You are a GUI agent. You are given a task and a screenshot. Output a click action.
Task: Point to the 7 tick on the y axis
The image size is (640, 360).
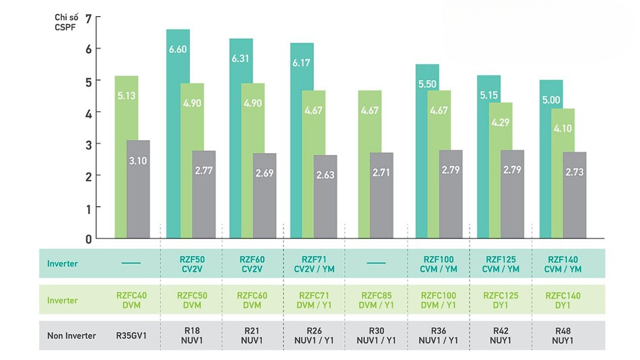(x=88, y=16)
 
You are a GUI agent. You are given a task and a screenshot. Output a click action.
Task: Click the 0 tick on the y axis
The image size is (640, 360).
(x=88, y=239)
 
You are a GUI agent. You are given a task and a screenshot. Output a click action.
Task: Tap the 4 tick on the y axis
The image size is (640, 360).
(x=88, y=112)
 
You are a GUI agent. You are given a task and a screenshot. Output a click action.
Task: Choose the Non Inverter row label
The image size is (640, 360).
(x=71, y=335)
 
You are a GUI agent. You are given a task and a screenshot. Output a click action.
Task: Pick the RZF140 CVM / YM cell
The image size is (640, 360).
(x=563, y=264)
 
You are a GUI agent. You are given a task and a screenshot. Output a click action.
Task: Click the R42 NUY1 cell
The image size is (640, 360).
(x=501, y=335)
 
